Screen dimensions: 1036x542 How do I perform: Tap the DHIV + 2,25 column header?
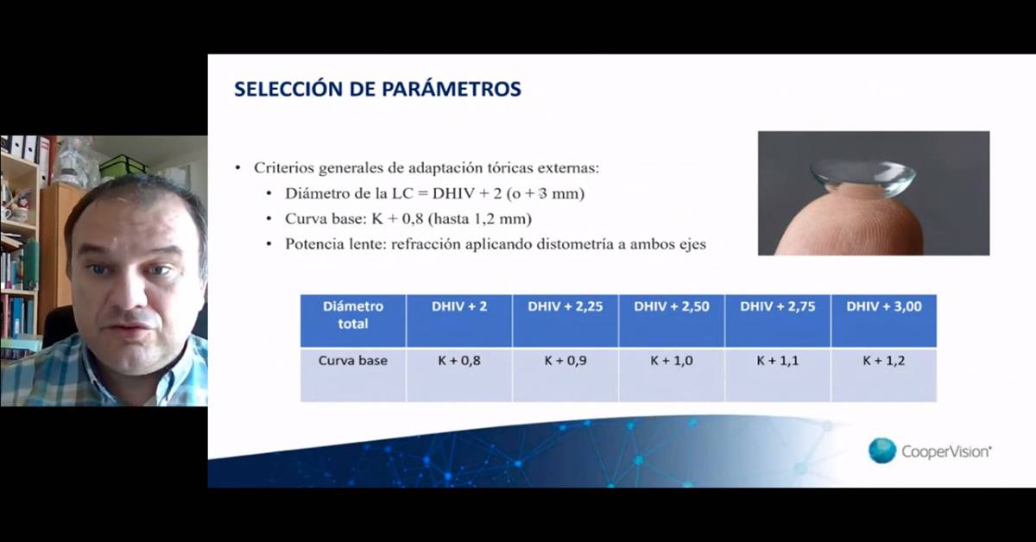coord(565,320)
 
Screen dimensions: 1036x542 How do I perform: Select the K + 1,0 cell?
coord(672,375)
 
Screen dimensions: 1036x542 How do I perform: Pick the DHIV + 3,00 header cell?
coord(884,320)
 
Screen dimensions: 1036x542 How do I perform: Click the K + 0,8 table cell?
coord(459,375)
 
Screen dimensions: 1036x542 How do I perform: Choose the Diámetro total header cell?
coord(353,320)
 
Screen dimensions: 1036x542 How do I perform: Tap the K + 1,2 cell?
coord(884,375)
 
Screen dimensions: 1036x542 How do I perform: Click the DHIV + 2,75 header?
coord(778,320)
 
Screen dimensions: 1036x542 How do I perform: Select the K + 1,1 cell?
coord(778,375)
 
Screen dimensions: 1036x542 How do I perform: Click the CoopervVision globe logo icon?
coord(882,451)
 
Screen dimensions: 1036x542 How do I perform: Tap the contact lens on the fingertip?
coord(862,178)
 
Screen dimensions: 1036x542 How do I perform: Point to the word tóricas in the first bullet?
coord(510,167)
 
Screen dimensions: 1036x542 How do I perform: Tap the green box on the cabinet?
coord(122,167)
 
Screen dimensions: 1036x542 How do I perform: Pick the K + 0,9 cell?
coord(565,375)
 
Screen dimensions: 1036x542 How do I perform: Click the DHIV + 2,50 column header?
coord(672,320)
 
